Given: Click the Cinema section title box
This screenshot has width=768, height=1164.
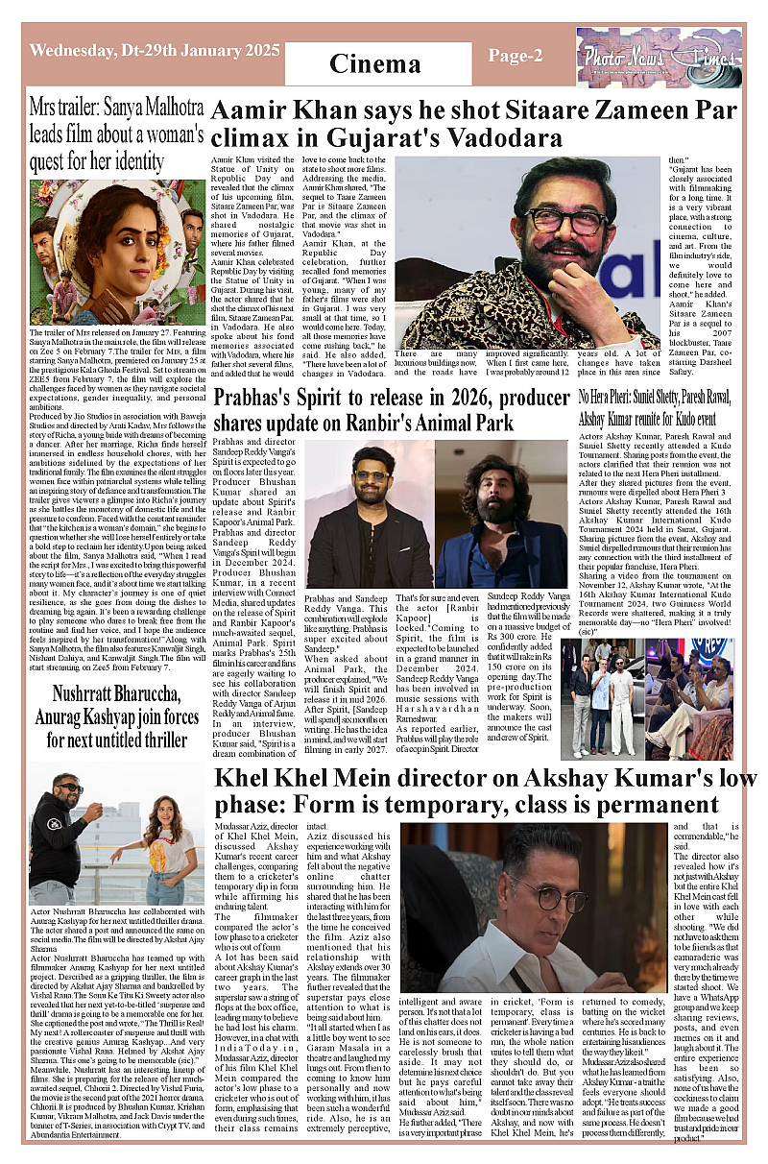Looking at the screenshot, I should coord(375,63).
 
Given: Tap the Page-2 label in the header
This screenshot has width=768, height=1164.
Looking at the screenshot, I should coord(516,56).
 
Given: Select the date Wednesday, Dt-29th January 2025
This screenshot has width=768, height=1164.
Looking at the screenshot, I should coord(142,50).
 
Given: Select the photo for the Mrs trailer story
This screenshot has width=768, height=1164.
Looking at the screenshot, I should coord(117,240).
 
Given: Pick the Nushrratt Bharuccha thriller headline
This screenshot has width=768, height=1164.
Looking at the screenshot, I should coord(117,715).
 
